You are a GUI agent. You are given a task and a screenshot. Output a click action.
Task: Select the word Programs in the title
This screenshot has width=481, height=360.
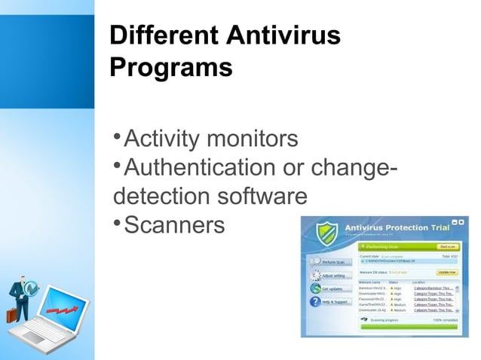[x=170, y=67]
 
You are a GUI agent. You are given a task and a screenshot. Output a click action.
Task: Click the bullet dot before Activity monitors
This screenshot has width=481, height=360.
[x=116, y=139]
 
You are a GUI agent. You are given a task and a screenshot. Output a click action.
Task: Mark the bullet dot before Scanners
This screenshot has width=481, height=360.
[x=116, y=223]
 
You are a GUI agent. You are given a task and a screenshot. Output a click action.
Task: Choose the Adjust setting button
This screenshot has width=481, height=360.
[x=333, y=275]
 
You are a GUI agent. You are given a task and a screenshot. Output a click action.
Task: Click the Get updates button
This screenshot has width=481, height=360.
[x=332, y=288]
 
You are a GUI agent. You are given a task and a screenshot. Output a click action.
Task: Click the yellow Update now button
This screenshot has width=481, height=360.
[x=447, y=271]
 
